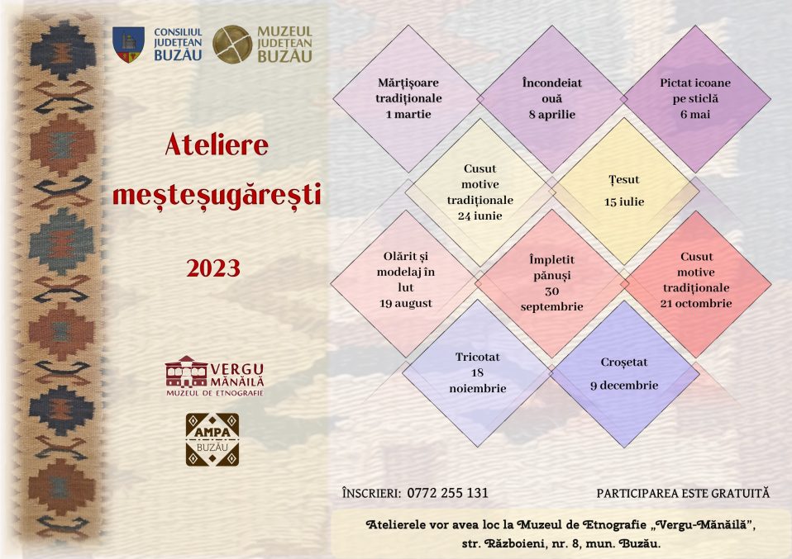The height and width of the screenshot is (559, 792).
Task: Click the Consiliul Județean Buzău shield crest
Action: click(128, 45)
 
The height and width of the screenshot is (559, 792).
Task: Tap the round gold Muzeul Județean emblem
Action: click(232, 45)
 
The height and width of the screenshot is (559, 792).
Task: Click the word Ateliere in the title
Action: click(216, 144)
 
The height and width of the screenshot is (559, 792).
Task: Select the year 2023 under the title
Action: click(213, 268)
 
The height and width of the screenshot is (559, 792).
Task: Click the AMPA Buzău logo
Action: click(212, 439)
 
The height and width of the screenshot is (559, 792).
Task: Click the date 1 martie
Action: click(408, 115)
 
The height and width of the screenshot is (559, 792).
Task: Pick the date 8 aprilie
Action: click(551, 115)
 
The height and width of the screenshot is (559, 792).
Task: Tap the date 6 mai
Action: click(695, 115)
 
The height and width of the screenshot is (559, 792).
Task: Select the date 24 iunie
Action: click(479, 216)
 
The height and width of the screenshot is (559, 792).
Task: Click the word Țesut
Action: click(624, 180)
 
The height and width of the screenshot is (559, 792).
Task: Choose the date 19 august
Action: click(406, 303)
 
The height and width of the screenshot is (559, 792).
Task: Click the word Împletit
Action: click(551, 260)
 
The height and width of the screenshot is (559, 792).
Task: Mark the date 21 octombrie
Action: click(695, 303)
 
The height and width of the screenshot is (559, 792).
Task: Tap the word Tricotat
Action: click(477, 358)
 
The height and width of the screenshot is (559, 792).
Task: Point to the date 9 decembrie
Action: click(624, 386)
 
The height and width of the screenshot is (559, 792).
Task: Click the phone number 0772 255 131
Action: click(447, 493)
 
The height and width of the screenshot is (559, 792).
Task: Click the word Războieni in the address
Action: click(515, 544)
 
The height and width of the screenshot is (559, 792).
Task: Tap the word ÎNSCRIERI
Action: click(371, 492)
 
